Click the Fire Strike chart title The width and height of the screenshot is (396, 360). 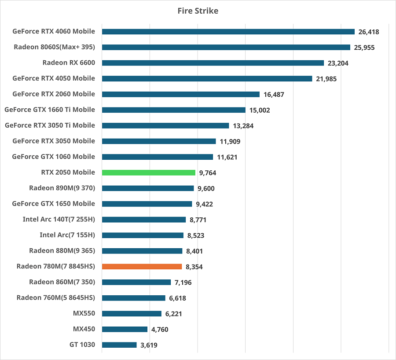tap(198, 11)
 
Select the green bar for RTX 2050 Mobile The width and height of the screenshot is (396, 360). tap(148, 173)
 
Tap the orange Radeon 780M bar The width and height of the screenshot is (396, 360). tap(142, 266)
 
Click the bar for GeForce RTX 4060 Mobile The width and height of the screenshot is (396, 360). tap(228, 32)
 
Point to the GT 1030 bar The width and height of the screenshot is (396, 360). tap(119, 345)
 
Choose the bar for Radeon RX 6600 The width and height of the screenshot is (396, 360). tap(213, 63)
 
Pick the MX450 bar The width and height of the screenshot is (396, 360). tap(125, 329)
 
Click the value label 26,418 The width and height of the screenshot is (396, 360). tap(369, 32)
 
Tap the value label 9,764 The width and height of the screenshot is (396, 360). tap(208, 173)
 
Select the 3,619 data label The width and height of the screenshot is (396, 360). tap(149, 345)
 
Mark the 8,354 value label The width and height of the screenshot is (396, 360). tap(194, 267)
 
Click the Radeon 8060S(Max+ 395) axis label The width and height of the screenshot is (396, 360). tap(54, 47)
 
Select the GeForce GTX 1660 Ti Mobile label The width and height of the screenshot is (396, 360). tap(49, 110)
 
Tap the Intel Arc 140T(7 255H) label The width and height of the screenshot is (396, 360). tap(59, 219)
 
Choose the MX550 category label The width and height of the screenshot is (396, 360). tap(84, 313)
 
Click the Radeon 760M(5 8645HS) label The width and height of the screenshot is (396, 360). tap(56, 298)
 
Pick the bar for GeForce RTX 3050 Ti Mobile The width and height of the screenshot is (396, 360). tap(165, 125)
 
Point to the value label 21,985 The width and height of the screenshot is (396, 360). tap(326, 79)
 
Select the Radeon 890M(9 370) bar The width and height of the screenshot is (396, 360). tap(147, 188)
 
